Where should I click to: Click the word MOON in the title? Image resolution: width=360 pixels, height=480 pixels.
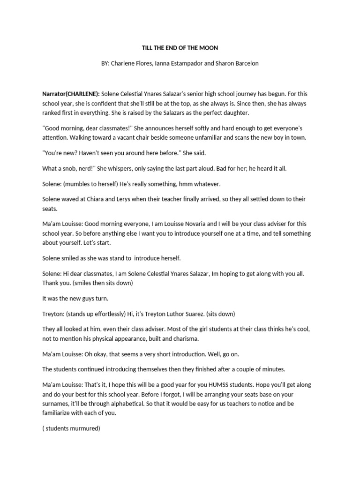pos(209,48)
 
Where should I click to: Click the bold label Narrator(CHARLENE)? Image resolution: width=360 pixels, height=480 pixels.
pos(71,94)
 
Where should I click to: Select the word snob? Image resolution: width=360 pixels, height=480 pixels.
pos(70,168)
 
